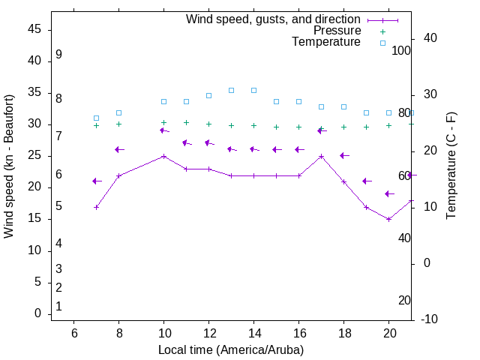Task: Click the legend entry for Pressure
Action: coord(337,31)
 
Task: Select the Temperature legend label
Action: coord(326,43)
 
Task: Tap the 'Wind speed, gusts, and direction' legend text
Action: coord(273,19)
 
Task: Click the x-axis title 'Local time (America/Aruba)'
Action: coord(231,349)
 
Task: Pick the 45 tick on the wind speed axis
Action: coord(34,29)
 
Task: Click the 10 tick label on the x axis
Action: coord(164,333)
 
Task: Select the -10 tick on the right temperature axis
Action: coord(430,319)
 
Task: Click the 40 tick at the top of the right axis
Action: coord(430,38)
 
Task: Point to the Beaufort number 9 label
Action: coord(58,55)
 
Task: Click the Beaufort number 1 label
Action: coord(58,307)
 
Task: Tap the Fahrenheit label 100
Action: coord(401,50)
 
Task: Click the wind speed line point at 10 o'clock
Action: coord(164,156)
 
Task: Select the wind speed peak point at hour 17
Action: coord(321,156)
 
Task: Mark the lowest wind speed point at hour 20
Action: coord(389,219)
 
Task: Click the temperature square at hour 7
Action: coord(96,118)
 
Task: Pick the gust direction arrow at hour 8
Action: coord(118,149)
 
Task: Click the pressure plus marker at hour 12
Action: coord(208,124)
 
